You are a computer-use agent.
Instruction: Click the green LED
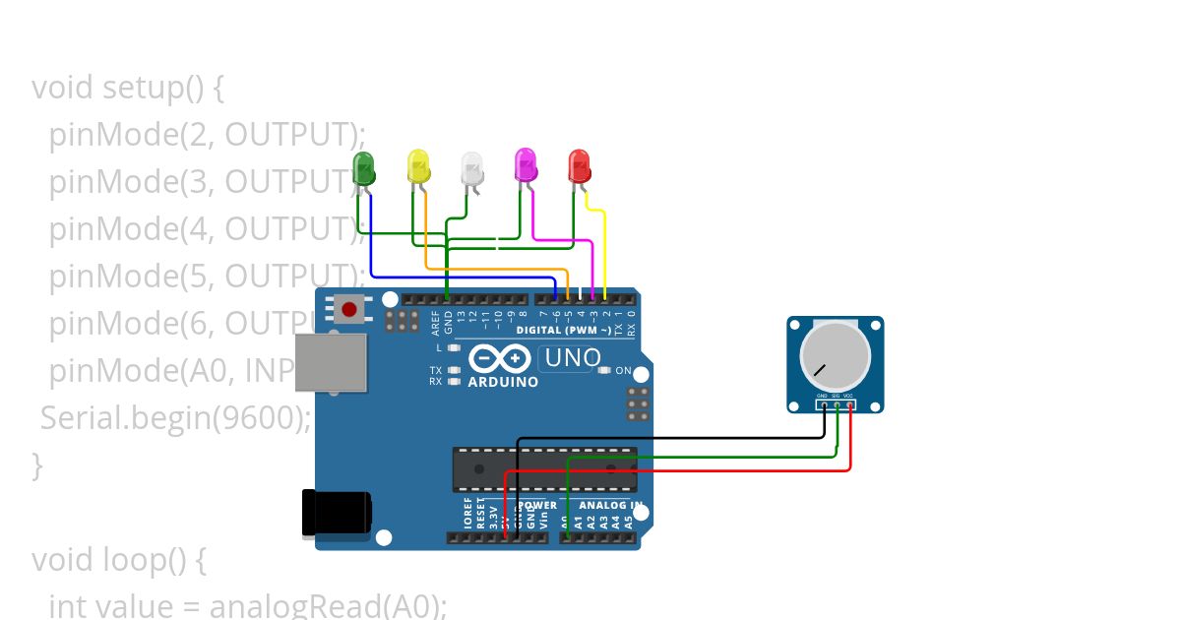point(364,168)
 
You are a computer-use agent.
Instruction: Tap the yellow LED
point(419,166)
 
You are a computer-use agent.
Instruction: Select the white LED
point(472,168)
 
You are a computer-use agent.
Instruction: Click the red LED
point(579,165)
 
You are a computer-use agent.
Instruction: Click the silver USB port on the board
point(331,361)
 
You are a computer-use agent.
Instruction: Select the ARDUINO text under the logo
point(503,382)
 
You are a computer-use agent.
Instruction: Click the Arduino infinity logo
point(501,358)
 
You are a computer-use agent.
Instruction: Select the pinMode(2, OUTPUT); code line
point(207,134)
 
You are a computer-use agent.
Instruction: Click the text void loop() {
point(118,560)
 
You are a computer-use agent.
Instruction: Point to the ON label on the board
point(623,371)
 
